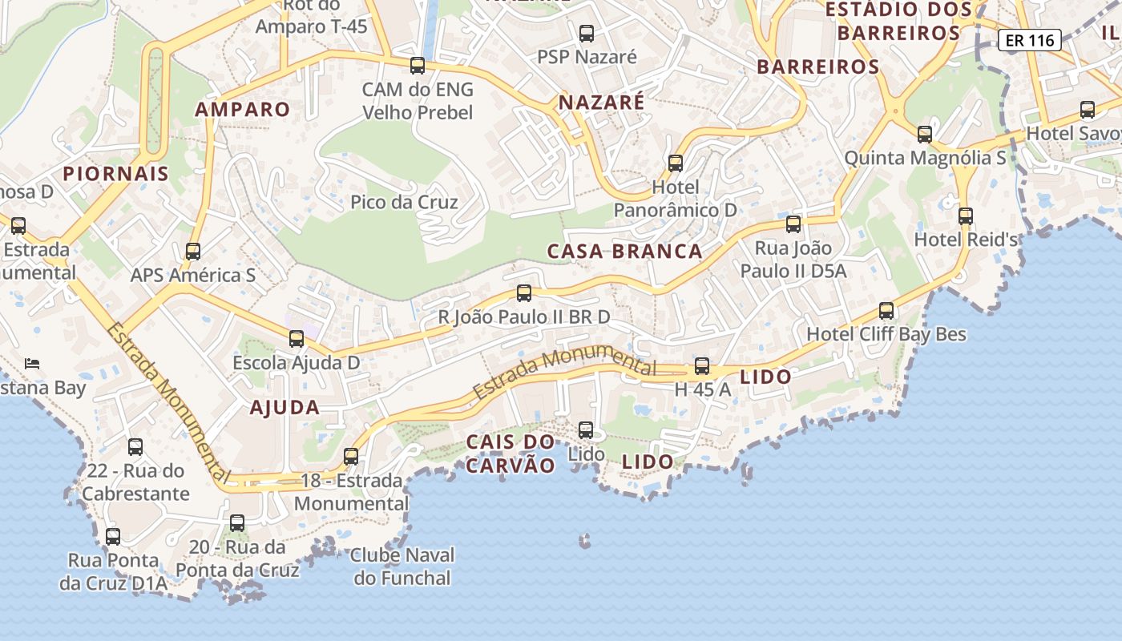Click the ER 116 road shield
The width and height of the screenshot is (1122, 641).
tap(1030, 40)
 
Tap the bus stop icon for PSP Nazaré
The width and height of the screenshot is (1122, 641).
tap(587, 34)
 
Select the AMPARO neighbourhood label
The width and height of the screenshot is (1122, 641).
tap(243, 110)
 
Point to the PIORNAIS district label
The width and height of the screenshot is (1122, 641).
tap(116, 174)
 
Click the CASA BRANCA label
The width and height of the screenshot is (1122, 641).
tap(624, 252)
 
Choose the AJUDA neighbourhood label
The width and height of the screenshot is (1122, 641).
tap(285, 407)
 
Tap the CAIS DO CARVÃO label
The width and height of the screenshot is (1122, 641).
tap(511, 454)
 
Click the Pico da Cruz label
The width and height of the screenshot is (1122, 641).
tap(404, 202)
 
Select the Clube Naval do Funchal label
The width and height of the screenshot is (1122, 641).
tap(402, 566)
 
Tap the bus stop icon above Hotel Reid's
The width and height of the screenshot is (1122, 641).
tap(966, 216)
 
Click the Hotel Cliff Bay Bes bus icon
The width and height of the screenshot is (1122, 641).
tap(886, 311)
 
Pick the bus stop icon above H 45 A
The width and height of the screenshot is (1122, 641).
tap(702, 366)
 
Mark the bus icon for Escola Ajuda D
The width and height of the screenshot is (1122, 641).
tap(297, 339)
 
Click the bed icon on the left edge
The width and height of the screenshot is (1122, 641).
tap(32, 363)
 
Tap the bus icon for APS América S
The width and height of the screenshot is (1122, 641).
tap(193, 252)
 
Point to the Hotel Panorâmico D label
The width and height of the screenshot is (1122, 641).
tap(675, 199)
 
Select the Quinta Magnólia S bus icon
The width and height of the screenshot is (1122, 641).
tap(925, 135)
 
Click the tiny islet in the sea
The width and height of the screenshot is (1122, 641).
tap(584, 541)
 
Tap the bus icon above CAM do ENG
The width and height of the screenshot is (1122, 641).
tap(418, 66)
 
